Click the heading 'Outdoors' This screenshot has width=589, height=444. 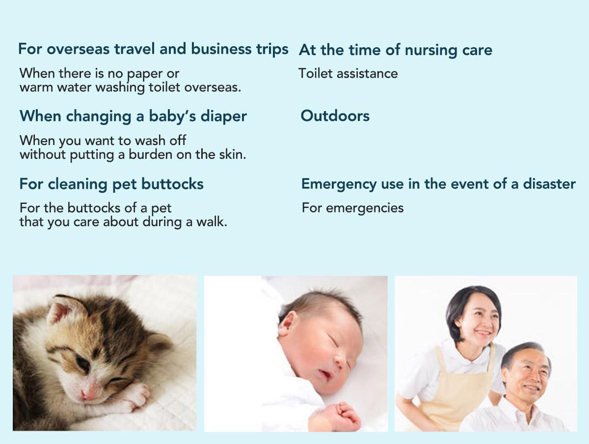pyautogui.click(x=335, y=116)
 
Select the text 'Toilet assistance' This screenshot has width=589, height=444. pyautogui.click(x=348, y=73)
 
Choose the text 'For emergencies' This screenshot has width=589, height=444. pyautogui.click(x=352, y=208)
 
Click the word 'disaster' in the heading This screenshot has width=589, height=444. pyautogui.click(x=549, y=184)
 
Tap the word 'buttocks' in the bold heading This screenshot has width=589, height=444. pyautogui.click(x=172, y=184)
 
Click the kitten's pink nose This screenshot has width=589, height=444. pyautogui.click(x=88, y=394)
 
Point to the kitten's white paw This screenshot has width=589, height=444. pyautogui.click(x=134, y=395)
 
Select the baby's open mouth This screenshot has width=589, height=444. pyautogui.click(x=325, y=374)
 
